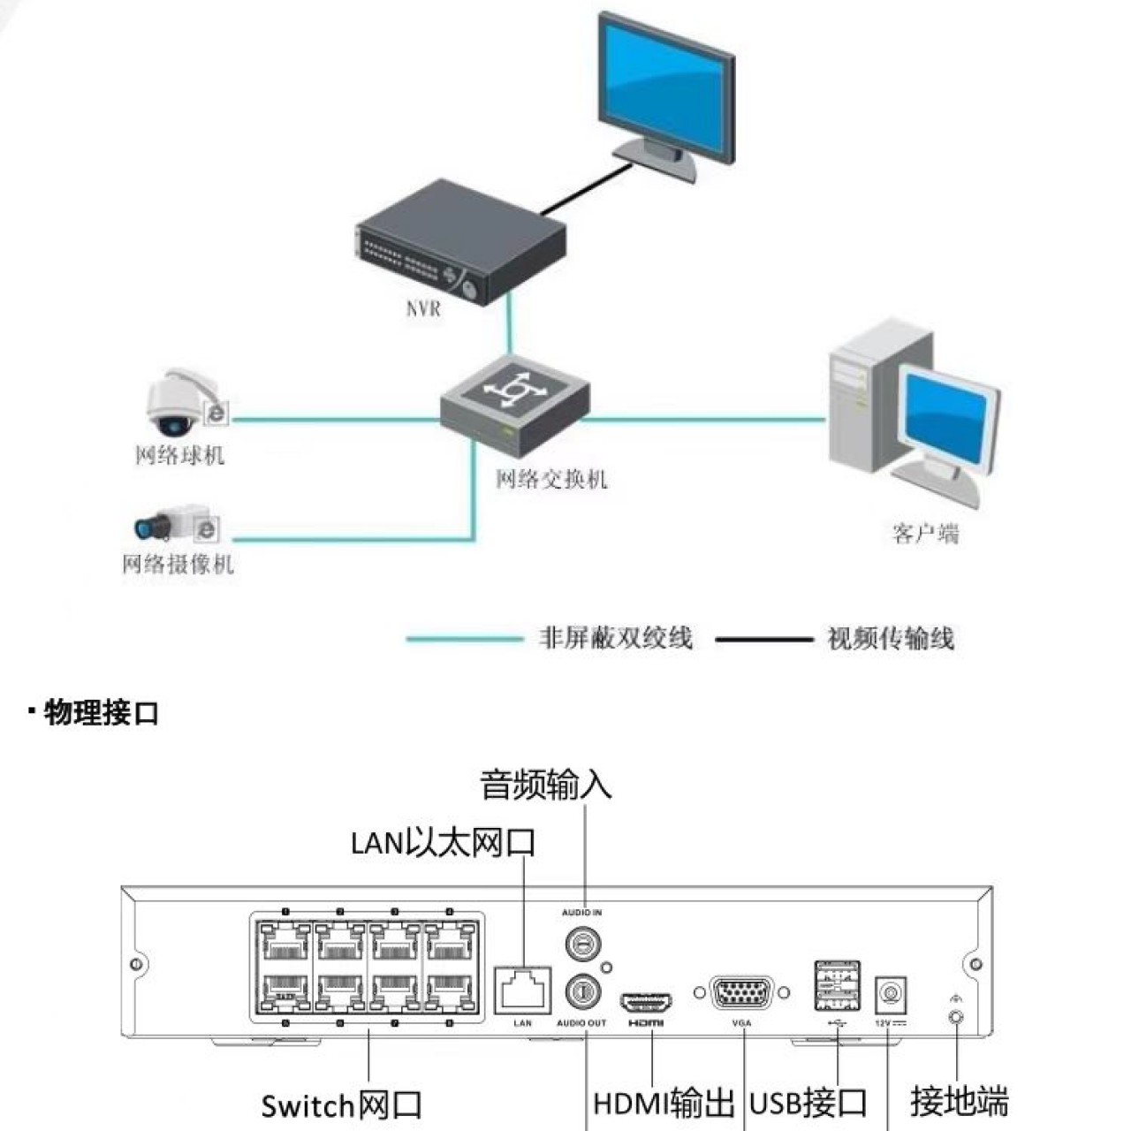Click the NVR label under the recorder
tap(422, 309)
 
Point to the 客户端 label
tap(925, 534)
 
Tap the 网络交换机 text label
tap(551, 480)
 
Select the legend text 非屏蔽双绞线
tap(616, 638)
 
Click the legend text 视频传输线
tap(891, 638)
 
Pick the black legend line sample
tap(763, 639)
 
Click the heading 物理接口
tap(101, 712)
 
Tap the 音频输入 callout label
tap(546, 784)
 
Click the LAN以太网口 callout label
tap(444, 842)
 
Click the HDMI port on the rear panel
tap(646, 1003)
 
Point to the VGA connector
tap(741, 993)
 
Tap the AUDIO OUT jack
tap(582, 991)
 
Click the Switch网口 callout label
tap(341, 1104)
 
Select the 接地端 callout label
tap(959, 1101)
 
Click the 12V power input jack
tap(891, 996)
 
